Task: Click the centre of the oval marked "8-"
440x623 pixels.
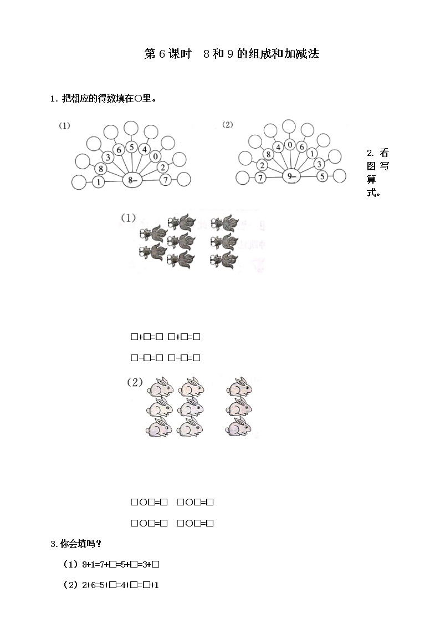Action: click(x=132, y=180)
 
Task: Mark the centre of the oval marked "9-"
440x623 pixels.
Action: click(x=291, y=176)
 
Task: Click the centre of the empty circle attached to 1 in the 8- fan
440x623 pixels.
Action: click(x=79, y=183)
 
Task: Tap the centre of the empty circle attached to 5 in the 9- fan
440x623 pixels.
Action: click(x=339, y=176)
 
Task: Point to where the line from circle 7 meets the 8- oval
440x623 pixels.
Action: click(x=142, y=180)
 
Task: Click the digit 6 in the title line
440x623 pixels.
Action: click(x=161, y=54)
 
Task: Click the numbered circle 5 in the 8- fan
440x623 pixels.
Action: click(x=131, y=148)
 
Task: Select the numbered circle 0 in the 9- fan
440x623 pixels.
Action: click(x=290, y=145)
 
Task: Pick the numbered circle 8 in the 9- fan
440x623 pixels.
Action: click(x=268, y=154)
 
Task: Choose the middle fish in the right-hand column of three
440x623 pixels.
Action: click(x=224, y=241)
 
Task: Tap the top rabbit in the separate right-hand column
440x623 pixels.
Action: click(x=239, y=387)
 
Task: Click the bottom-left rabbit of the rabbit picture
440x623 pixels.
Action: click(x=160, y=428)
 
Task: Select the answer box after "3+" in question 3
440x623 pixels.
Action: click(x=156, y=564)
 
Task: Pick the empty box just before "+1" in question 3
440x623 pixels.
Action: click(x=146, y=585)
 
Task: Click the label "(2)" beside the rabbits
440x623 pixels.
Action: click(x=135, y=382)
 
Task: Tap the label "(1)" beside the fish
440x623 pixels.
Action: click(x=128, y=217)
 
